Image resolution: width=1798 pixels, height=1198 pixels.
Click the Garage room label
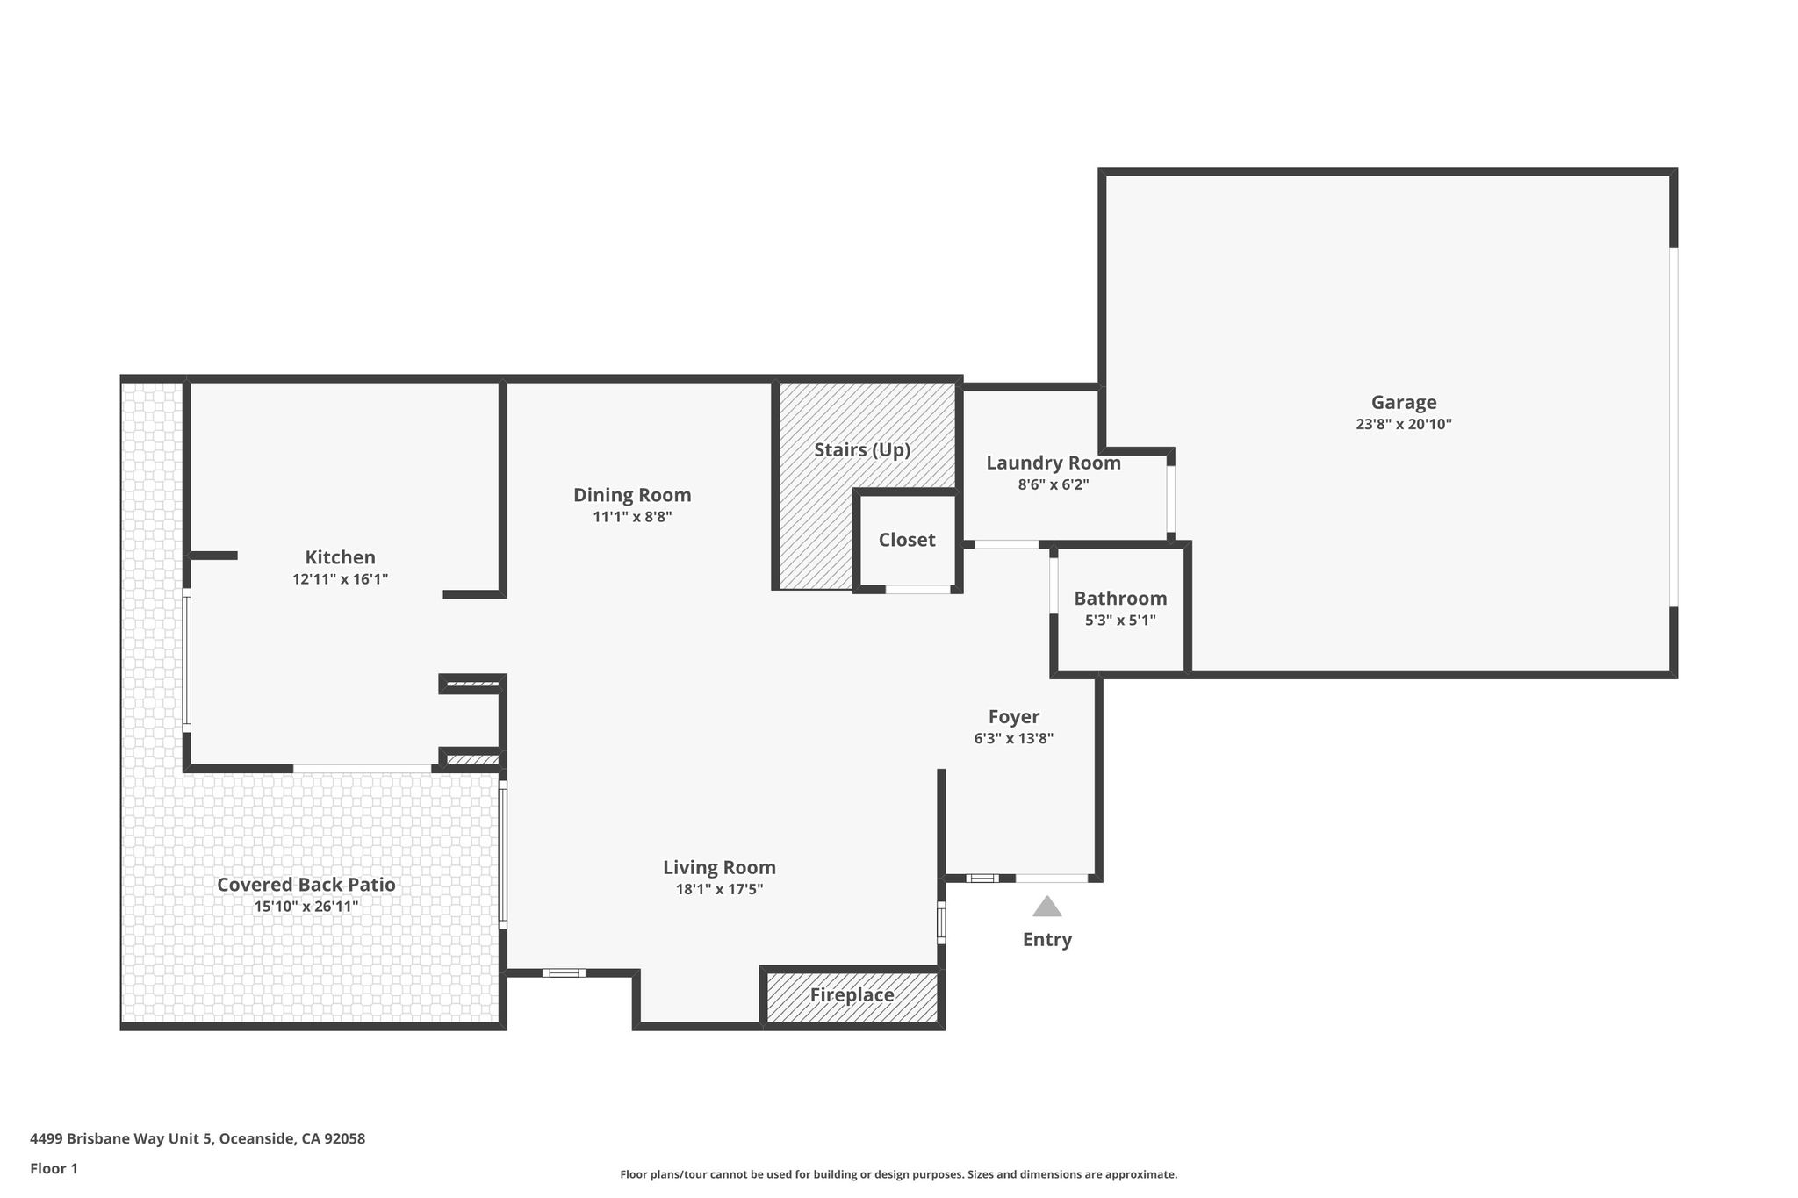[1404, 403]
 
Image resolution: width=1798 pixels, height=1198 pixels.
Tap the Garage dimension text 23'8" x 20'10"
[1404, 425]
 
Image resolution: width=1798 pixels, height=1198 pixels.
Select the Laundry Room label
[1054, 463]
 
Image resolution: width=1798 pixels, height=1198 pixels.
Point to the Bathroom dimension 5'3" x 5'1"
[1120, 621]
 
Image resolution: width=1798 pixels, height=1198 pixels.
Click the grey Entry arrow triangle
[1047, 907]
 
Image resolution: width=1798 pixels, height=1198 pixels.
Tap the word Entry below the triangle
[1047, 940]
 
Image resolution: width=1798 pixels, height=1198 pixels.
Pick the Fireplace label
[852, 995]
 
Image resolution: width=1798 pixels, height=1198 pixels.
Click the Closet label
[907, 540]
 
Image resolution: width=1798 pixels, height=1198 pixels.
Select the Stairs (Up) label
[862, 450]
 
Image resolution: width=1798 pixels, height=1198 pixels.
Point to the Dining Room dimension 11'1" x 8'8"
[632, 518]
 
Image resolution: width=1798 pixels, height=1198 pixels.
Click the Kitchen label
[340, 557]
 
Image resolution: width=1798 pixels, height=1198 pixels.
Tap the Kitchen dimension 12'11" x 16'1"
[340, 579]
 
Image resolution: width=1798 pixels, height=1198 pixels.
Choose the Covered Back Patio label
[306, 885]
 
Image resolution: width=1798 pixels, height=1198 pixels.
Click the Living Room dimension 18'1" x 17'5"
[719, 890]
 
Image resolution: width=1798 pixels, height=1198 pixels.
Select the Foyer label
[1014, 717]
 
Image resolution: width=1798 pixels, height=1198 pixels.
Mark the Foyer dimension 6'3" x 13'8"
[1014, 739]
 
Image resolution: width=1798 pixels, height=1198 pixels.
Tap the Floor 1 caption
[54, 1169]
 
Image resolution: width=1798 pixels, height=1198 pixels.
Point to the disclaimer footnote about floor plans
[899, 1174]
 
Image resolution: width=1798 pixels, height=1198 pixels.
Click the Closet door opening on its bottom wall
[917, 589]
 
